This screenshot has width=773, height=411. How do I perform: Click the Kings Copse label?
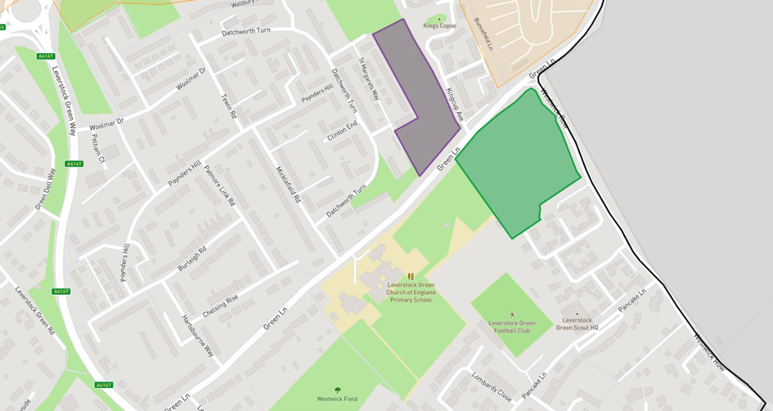440,26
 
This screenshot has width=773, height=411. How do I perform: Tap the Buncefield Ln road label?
483,34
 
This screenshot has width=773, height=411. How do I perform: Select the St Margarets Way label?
370,80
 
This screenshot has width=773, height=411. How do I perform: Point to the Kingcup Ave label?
455,105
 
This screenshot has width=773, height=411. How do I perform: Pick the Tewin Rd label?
228,106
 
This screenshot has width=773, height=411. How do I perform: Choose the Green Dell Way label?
45,189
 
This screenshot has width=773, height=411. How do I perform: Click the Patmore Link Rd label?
219,185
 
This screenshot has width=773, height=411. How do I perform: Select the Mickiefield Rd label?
288,185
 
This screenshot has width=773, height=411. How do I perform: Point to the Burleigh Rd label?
192,259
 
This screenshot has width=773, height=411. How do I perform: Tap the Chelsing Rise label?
220,306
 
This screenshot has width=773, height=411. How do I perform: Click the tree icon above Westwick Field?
337,390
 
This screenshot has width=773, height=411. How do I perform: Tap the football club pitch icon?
512,315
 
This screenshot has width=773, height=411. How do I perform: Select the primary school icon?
411,277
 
